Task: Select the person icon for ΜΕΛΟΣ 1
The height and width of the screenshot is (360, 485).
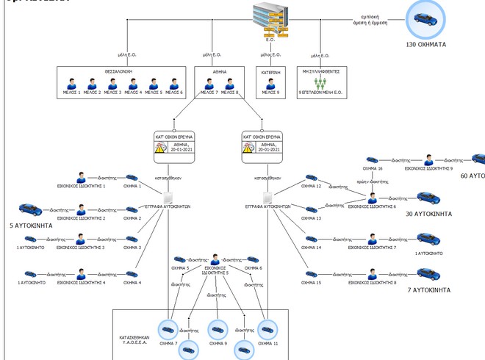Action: (x=72, y=83)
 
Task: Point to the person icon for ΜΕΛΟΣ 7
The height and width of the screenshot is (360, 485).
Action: (x=209, y=83)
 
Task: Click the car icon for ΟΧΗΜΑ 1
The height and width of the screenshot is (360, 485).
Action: (x=132, y=177)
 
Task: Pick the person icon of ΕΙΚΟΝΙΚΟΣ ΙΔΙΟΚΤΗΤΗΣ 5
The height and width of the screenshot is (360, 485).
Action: (x=215, y=259)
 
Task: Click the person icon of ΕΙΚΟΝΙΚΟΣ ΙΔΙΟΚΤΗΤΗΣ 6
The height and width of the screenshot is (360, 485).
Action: (x=373, y=198)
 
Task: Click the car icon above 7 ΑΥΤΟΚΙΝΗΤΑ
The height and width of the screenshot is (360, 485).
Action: (x=426, y=273)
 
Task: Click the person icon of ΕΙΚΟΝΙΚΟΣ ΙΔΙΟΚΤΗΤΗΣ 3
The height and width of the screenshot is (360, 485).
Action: (x=82, y=239)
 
